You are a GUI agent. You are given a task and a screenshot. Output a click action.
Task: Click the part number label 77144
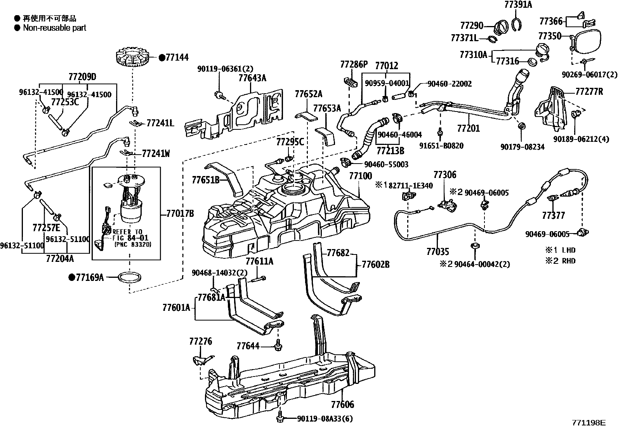[x=177, y=58]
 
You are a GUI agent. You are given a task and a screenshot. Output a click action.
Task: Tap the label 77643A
[x=252, y=78]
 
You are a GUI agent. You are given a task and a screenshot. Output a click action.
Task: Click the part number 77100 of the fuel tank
[x=360, y=176]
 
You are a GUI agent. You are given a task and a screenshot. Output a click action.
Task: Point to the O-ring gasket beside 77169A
[x=129, y=277]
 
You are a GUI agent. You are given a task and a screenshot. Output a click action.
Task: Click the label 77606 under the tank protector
[x=343, y=404]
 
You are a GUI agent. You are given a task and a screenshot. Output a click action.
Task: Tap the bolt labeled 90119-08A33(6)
[x=280, y=419]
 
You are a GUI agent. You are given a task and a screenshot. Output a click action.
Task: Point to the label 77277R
[x=589, y=92]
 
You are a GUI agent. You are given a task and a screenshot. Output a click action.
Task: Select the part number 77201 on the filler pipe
[x=469, y=128]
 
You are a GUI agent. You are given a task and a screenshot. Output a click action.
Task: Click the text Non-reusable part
[x=54, y=28]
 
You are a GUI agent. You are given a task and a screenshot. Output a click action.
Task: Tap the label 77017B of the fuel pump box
[x=180, y=213]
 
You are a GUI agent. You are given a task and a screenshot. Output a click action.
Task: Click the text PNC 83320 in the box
[x=132, y=244]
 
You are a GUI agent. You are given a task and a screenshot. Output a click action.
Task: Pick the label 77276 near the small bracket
[x=201, y=342]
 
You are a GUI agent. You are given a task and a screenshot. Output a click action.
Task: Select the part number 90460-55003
[x=386, y=164]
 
